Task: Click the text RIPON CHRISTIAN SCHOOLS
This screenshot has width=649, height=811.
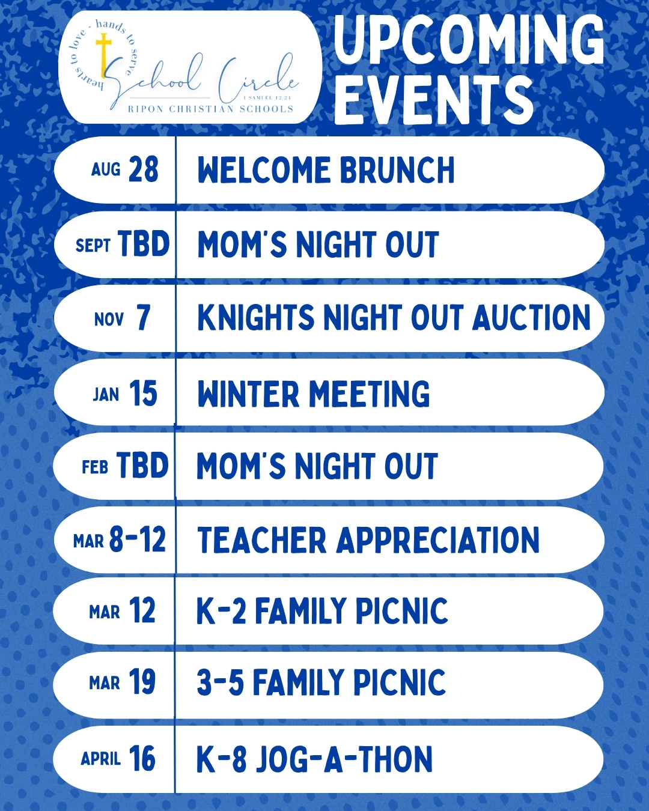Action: click(210, 109)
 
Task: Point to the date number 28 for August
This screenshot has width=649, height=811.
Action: click(143, 169)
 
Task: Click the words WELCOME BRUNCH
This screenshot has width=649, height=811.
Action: click(326, 170)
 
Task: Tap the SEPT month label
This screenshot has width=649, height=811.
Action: click(93, 245)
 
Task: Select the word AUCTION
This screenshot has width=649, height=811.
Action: click(531, 318)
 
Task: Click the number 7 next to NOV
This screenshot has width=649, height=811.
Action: click(143, 318)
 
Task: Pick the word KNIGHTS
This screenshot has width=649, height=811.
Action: click(255, 318)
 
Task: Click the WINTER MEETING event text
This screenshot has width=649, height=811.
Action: click(313, 393)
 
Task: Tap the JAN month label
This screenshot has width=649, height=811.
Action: click(106, 395)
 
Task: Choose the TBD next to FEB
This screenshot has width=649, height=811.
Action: click(142, 466)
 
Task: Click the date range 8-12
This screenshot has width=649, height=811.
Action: click(137, 539)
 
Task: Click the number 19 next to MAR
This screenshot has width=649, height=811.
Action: click(142, 682)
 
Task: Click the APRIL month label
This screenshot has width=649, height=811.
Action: click(100, 759)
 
